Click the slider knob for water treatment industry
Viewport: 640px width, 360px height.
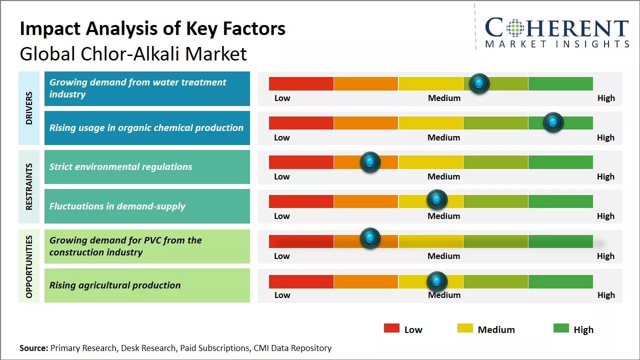tap(479, 83)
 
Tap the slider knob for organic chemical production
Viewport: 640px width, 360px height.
tap(553, 122)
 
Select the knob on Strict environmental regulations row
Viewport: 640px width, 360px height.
tap(370, 162)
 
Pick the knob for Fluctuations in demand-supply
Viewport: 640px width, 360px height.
tap(437, 200)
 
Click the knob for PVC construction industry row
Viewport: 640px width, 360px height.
tap(370, 238)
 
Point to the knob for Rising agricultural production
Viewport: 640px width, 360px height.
tap(437, 282)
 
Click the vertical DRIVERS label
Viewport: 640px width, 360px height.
tap(29, 108)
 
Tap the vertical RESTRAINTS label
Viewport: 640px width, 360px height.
tap(29, 186)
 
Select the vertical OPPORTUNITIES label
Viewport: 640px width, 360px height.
tap(29, 266)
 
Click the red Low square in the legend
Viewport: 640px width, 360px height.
tap(391, 328)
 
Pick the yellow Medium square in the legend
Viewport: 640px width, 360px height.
tap(465, 328)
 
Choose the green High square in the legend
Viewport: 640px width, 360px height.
tap(561, 328)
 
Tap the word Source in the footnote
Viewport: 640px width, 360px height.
tap(33, 348)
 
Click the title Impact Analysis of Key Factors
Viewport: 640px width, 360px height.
tap(152, 28)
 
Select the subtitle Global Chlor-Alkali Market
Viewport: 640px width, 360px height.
tap(133, 53)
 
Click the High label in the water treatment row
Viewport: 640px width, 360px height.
tap(606, 98)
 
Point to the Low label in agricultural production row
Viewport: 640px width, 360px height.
tap(282, 295)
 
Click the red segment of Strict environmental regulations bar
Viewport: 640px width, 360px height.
tap(301, 162)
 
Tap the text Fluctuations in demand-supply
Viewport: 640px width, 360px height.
tap(117, 206)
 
